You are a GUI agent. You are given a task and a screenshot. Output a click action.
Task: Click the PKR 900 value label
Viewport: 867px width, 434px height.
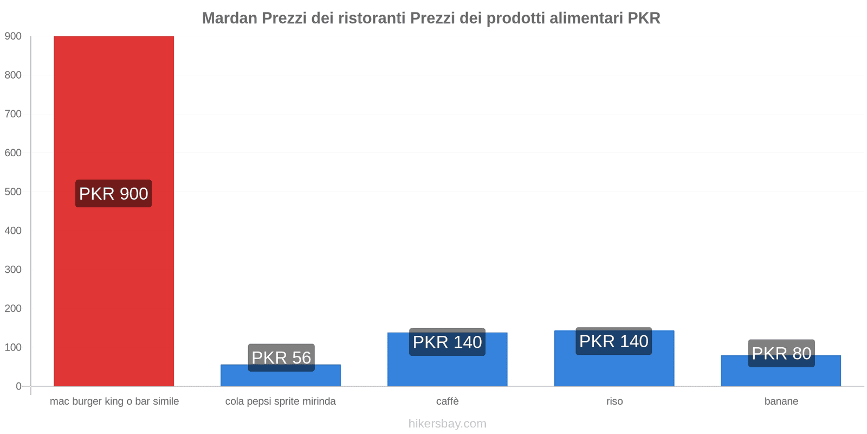114,194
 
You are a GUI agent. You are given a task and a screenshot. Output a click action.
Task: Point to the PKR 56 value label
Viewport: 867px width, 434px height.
281,358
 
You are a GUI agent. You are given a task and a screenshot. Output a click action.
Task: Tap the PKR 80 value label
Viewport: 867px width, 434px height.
781,353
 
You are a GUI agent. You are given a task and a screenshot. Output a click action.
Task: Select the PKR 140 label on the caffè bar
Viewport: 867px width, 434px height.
448,342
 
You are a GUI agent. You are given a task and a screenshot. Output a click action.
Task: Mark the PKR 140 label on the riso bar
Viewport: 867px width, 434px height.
614,341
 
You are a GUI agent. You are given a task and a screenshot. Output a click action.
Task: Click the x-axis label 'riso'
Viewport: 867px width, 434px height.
614,401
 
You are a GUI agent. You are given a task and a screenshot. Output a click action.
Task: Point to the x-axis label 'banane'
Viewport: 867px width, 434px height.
781,401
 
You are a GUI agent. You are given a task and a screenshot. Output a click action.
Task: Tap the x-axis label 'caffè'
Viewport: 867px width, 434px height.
448,401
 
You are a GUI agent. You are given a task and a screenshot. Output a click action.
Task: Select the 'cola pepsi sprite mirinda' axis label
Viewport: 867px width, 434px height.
281,401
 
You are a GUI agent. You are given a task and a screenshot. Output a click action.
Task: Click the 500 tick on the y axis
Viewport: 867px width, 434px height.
13,192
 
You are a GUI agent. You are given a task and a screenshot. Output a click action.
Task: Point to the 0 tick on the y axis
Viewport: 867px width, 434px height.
18,386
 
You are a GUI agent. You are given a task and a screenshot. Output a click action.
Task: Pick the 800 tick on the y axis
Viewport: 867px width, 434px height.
13,75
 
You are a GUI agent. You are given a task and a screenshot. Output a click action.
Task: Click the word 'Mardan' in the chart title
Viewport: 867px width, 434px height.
230,18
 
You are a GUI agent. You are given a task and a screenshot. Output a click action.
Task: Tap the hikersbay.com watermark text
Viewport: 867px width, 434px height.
448,424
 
